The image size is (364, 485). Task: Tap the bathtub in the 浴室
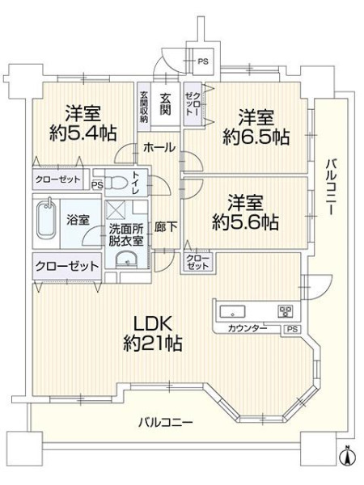coord(47,220)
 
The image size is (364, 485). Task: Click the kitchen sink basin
coord(232,311)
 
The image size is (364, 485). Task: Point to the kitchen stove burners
coord(285,311)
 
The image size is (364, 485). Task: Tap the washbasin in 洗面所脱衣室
coord(126,259)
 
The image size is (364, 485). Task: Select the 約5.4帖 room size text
coord(83,133)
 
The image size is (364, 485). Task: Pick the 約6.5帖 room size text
coord(256,137)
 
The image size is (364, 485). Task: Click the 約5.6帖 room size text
coord(245,221)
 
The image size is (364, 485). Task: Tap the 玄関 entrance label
coord(165,104)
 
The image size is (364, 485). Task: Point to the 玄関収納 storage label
coord(144,107)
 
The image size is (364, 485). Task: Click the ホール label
coord(159,147)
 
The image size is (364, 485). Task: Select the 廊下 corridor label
coord(166,227)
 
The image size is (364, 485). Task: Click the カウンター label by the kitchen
coord(248,328)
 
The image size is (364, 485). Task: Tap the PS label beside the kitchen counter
coord(292,329)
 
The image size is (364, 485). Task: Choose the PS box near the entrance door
coord(202,61)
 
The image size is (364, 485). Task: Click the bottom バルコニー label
coord(166,422)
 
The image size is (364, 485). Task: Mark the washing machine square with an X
coord(115,210)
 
